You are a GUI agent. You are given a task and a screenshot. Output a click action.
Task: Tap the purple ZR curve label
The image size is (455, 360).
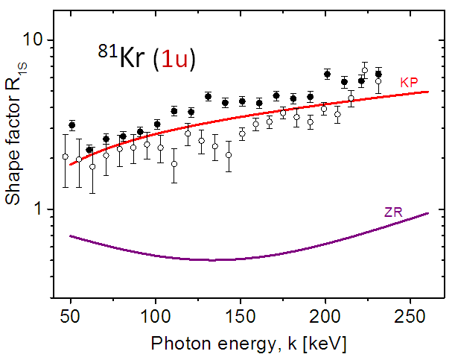tap(394, 212)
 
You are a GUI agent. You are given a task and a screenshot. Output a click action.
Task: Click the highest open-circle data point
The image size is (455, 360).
tap(365, 70)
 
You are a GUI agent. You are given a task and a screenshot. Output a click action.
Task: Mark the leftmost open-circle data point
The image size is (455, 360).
tap(65, 157)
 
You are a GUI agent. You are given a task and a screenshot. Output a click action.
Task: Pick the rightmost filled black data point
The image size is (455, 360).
tap(378, 74)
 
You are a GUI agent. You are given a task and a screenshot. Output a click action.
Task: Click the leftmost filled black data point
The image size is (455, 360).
tap(72, 125)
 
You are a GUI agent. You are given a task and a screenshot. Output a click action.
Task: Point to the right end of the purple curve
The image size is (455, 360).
tap(428, 213)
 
